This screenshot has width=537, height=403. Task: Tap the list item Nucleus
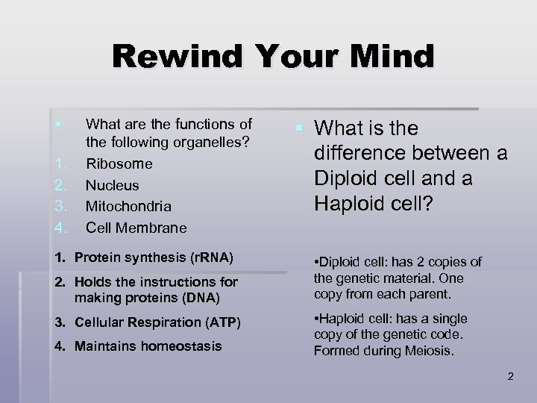tap(113, 184)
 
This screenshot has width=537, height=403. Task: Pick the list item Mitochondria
tap(129, 205)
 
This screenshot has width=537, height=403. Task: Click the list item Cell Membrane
tap(136, 227)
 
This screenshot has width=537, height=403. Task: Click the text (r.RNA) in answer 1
tap(207, 258)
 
